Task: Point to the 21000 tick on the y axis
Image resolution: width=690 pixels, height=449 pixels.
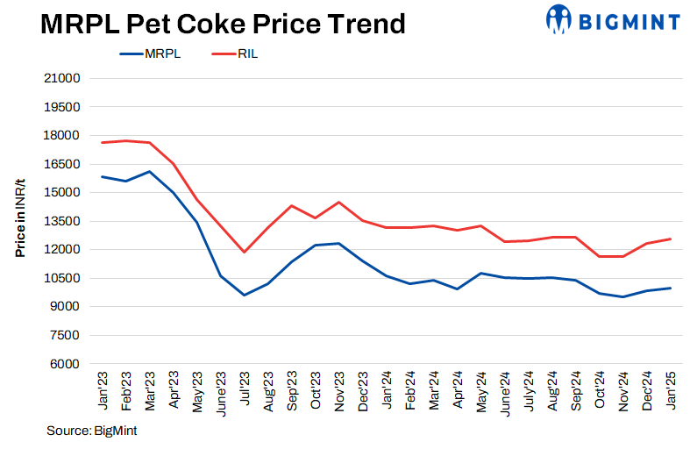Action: (62, 78)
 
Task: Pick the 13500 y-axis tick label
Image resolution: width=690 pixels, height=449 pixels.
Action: (62, 221)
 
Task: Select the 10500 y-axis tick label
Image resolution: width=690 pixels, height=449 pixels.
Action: (62, 278)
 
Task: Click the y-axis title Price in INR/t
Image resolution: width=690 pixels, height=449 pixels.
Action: (19, 220)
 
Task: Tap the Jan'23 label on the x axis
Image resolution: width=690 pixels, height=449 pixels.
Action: (103, 390)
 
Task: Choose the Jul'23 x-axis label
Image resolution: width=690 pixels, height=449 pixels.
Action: (245, 391)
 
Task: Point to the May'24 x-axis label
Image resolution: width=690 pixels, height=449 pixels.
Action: (481, 390)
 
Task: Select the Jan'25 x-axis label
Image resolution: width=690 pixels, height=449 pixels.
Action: (671, 390)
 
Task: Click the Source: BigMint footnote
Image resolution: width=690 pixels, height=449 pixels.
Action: (91, 431)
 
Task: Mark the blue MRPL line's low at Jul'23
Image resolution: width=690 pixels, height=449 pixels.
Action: (245, 295)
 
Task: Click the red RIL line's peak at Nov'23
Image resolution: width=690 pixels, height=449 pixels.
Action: (338, 203)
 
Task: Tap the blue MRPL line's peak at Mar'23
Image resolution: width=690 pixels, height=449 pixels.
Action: (150, 172)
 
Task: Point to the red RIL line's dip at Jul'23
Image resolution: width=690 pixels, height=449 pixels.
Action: (245, 253)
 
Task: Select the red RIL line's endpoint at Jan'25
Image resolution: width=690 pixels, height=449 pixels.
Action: (670, 239)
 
